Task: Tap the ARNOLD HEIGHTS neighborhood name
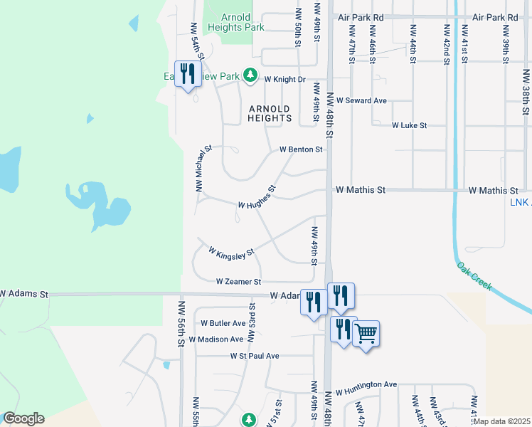(x=270, y=114)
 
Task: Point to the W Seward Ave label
(x=361, y=101)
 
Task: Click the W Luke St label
(x=409, y=125)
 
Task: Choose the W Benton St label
(x=301, y=150)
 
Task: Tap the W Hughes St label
(x=257, y=199)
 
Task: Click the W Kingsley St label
(x=231, y=252)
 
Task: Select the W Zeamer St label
(x=239, y=282)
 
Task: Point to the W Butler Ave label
(x=223, y=323)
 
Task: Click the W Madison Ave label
(x=221, y=339)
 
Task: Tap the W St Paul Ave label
(x=255, y=356)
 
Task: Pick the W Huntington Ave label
(x=366, y=385)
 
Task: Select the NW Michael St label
(x=204, y=169)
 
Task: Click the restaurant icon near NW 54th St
(x=188, y=73)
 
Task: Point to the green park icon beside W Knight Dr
(x=250, y=74)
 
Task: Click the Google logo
(x=23, y=418)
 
